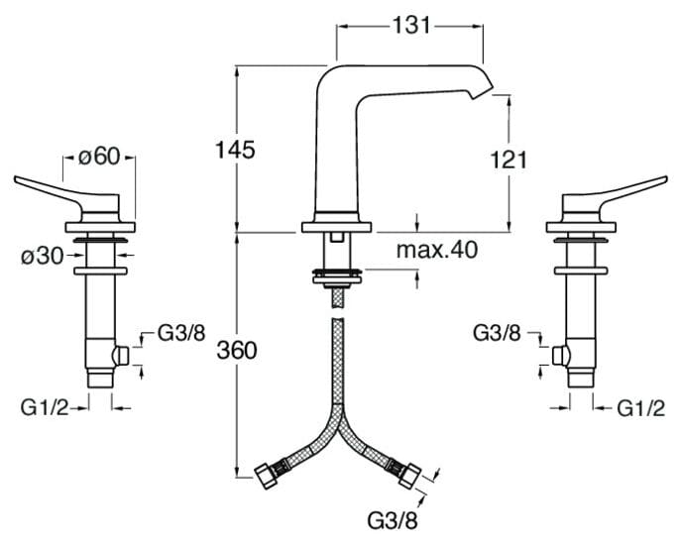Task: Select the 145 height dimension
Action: tap(235, 150)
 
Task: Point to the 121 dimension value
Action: tap(507, 158)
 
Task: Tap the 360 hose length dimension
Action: tap(237, 350)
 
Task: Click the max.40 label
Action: tap(437, 250)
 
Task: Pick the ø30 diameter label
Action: tap(43, 255)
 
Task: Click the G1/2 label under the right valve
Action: tap(640, 406)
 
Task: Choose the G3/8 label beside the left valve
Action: tap(181, 333)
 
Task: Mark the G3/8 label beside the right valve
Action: tap(500, 333)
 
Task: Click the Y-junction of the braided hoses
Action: tap(339, 416)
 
